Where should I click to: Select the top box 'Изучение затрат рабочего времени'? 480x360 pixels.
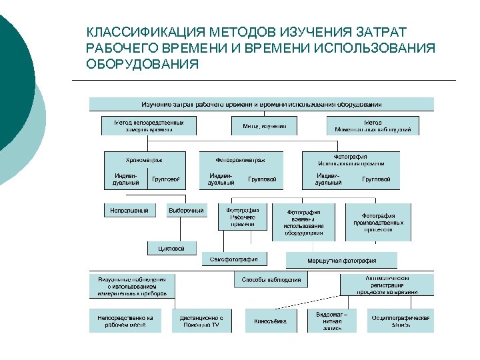tap(261, 104)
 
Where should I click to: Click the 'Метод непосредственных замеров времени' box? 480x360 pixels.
tap(147, 126)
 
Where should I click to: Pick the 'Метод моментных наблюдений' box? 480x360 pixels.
tap(373, 126)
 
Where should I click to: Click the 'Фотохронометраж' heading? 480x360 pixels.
tap(240, 160)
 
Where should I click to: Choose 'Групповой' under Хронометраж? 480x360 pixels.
tap(165, 179)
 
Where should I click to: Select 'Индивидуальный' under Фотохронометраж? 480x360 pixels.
tap(221, 179)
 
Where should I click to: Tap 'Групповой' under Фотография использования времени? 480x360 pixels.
tap(376, 179)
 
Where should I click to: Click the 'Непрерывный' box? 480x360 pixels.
tap(129, 210)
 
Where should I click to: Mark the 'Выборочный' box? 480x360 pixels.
tap(185, 210)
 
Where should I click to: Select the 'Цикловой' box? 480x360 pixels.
tap(172, 248)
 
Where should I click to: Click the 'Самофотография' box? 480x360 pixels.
tap(238, 259)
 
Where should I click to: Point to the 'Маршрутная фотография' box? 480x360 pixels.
tap(341, 260)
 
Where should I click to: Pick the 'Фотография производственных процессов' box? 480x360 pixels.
tap(378, 222)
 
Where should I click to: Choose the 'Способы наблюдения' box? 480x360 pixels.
tap(271, 279)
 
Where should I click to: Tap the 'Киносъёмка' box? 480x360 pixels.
tap(270, 321)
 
